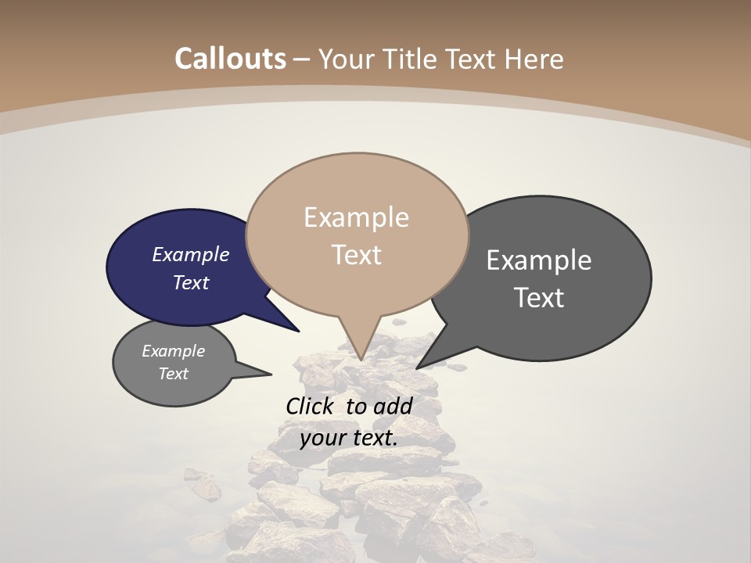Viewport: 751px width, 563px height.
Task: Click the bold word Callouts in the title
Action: click(x=230, y=59)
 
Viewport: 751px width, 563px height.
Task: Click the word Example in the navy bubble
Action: click(x=191, y=254)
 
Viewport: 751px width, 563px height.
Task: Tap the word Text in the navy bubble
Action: click(x=191, y=282)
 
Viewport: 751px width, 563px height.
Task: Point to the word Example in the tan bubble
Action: click(x=357, y=217)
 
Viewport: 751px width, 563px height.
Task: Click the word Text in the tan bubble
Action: click(x=357, y=255)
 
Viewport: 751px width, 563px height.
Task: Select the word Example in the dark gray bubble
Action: click(x=539, y=260)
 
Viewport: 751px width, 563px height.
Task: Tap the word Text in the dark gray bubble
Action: click(x=539, y=298)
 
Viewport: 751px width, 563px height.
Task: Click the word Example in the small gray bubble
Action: click(x=174, y=351)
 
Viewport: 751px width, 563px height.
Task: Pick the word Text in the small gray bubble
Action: click(x=174, y=374)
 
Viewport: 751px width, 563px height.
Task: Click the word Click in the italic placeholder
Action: click(x=311, y=406)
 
